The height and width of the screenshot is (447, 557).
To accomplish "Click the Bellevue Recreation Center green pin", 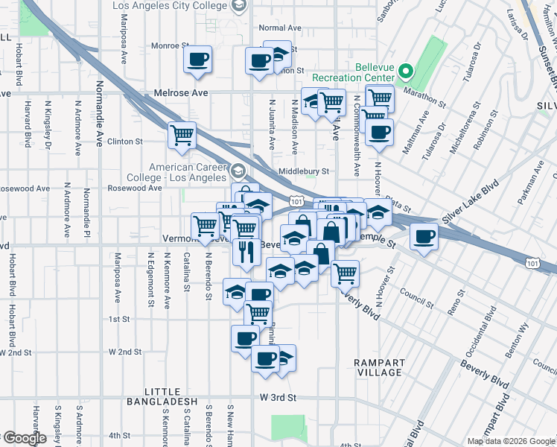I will tap(406, 72).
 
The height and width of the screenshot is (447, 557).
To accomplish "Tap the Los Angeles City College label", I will tap(171, 6).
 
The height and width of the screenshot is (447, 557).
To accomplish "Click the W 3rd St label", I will tap(278, 399).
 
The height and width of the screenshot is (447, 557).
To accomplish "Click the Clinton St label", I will tap(124, 141).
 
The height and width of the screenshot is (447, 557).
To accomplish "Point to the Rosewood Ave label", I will tap(134, 188).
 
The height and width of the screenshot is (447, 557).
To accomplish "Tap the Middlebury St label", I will tap(303, 171).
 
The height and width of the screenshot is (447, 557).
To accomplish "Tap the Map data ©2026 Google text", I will tap(511, 441).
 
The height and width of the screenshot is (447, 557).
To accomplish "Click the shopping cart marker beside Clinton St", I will tap(182, 135).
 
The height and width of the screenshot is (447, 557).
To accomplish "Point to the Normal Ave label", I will tap(279, 28).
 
